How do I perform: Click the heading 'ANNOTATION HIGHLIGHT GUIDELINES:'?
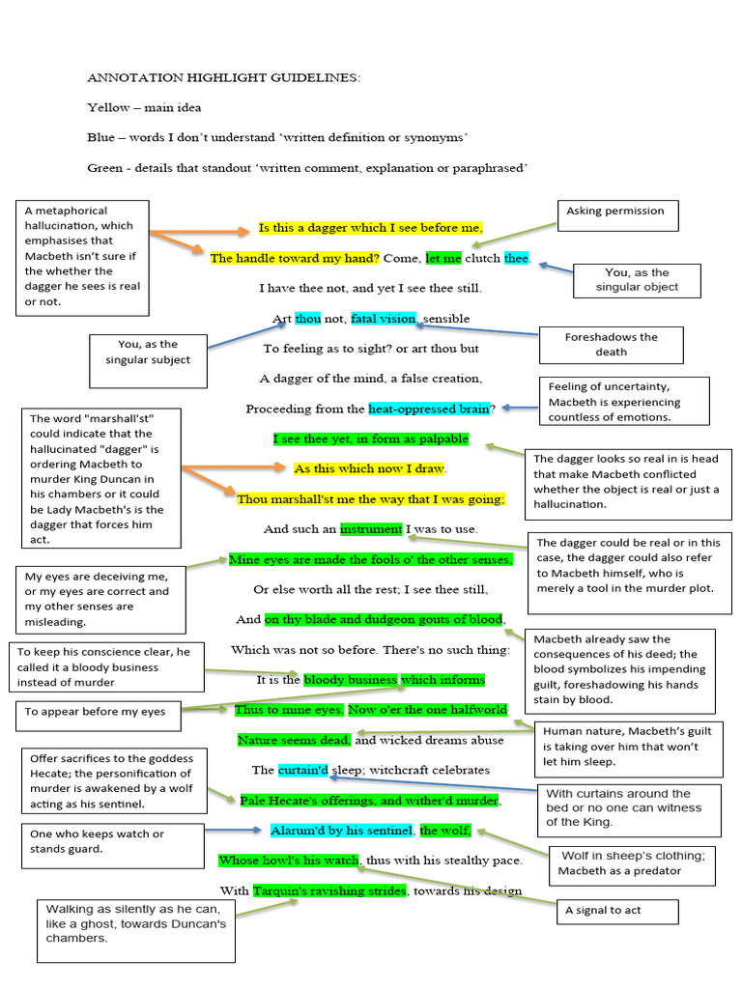tap(223, 77)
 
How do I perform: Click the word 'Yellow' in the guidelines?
tap(107, 107)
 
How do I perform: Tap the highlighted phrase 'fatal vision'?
tap(383, 319)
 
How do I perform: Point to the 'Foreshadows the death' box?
tap(611, 345)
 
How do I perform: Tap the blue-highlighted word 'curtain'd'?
tap(303, 771)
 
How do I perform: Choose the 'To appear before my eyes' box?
tap(95, 713)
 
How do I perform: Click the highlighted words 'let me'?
tap(443, 259)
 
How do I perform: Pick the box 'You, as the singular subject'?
tap(148, 353)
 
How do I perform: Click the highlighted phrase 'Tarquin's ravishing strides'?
tap(329, 890)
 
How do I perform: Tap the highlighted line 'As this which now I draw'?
tap(369, 468)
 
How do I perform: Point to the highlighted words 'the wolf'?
tap(444, 831)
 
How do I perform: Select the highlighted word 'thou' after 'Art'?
tap(307, 319)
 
